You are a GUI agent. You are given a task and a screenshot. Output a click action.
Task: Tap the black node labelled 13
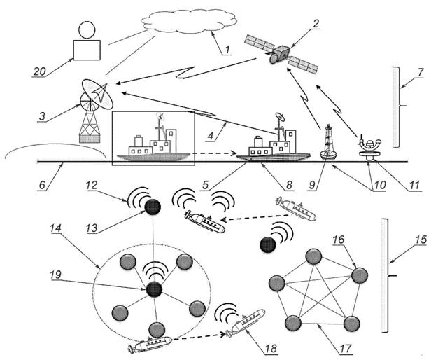[x=152, y=206]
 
